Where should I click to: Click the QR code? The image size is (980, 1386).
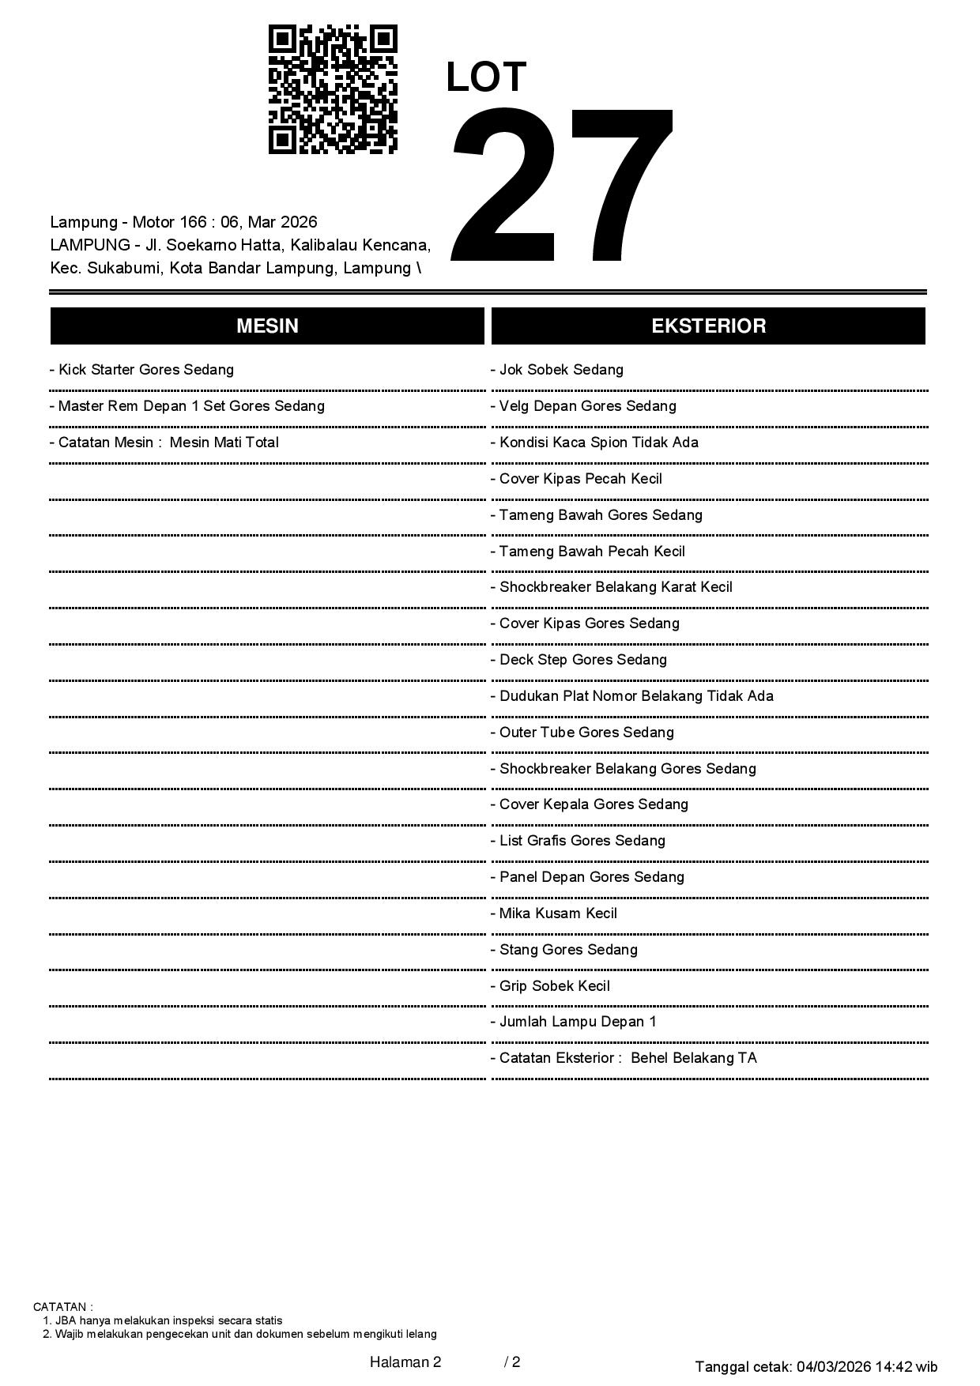(333, 89)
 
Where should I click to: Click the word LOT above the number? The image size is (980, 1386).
(486, 77)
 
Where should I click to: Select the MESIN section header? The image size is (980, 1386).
(267, 326)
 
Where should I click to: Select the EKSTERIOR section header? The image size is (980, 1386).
(708, 326)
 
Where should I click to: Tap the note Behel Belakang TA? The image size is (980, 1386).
(693, 1058)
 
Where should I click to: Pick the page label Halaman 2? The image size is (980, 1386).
(405, 1362)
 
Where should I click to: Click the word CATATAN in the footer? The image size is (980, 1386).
(61, 1307)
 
